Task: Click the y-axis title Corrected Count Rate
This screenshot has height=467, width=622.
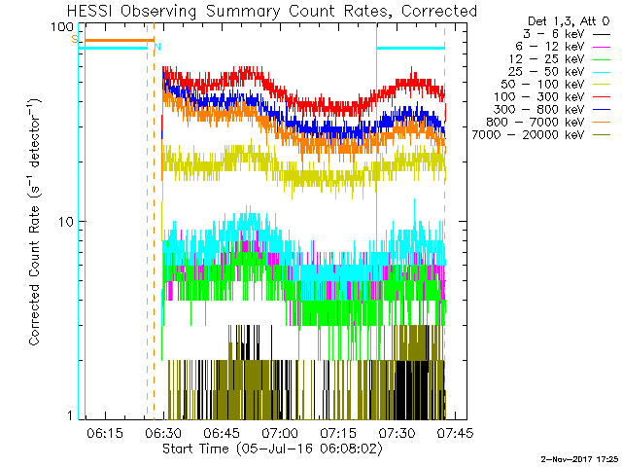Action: pyautogui.click(x=33, y=222)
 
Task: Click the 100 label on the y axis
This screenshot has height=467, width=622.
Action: pyautogui.click(x=64, y=26)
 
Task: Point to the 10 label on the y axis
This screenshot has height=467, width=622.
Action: pyautogui.click(x=68, y=222)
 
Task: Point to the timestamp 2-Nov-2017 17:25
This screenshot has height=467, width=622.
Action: pyautogui.click(x=579, y=457)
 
